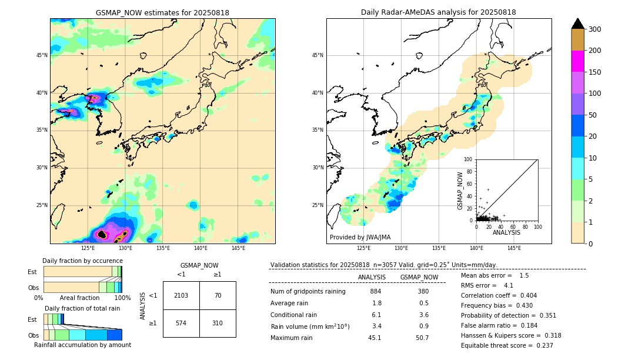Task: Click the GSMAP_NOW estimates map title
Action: coord(162,13)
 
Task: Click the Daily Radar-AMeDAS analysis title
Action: coord(438,13)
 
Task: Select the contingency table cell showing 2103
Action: coord(181,295)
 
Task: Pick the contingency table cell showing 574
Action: coord(181,323)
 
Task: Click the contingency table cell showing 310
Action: coord(218,323)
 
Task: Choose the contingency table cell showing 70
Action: coord(218,295)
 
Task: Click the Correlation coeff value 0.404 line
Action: coord(499,296)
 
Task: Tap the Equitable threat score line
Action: coord(507,345)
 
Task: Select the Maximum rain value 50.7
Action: coord(422,338)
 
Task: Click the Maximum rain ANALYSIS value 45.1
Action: coord(375,338)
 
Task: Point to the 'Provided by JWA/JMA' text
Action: coord(360,238)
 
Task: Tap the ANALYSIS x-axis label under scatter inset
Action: coord(506,233)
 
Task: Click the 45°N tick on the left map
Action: coord(42,55)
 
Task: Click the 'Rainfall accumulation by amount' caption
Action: coord(82,345)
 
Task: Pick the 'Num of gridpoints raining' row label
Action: coord(308,292)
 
